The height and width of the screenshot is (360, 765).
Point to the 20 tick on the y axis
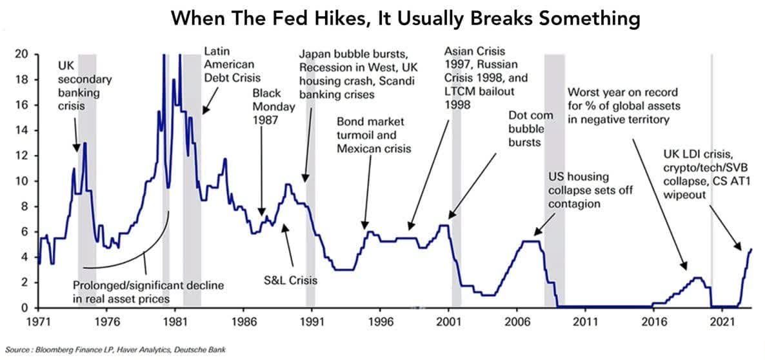click(21, 54)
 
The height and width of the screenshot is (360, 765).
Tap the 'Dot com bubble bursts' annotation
click(527, 127)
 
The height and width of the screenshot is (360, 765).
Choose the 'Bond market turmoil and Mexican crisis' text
click(375, 134)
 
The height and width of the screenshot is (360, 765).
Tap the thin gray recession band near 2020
click(711, 181)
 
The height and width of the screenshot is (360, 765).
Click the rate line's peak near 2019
click(697, 277)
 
